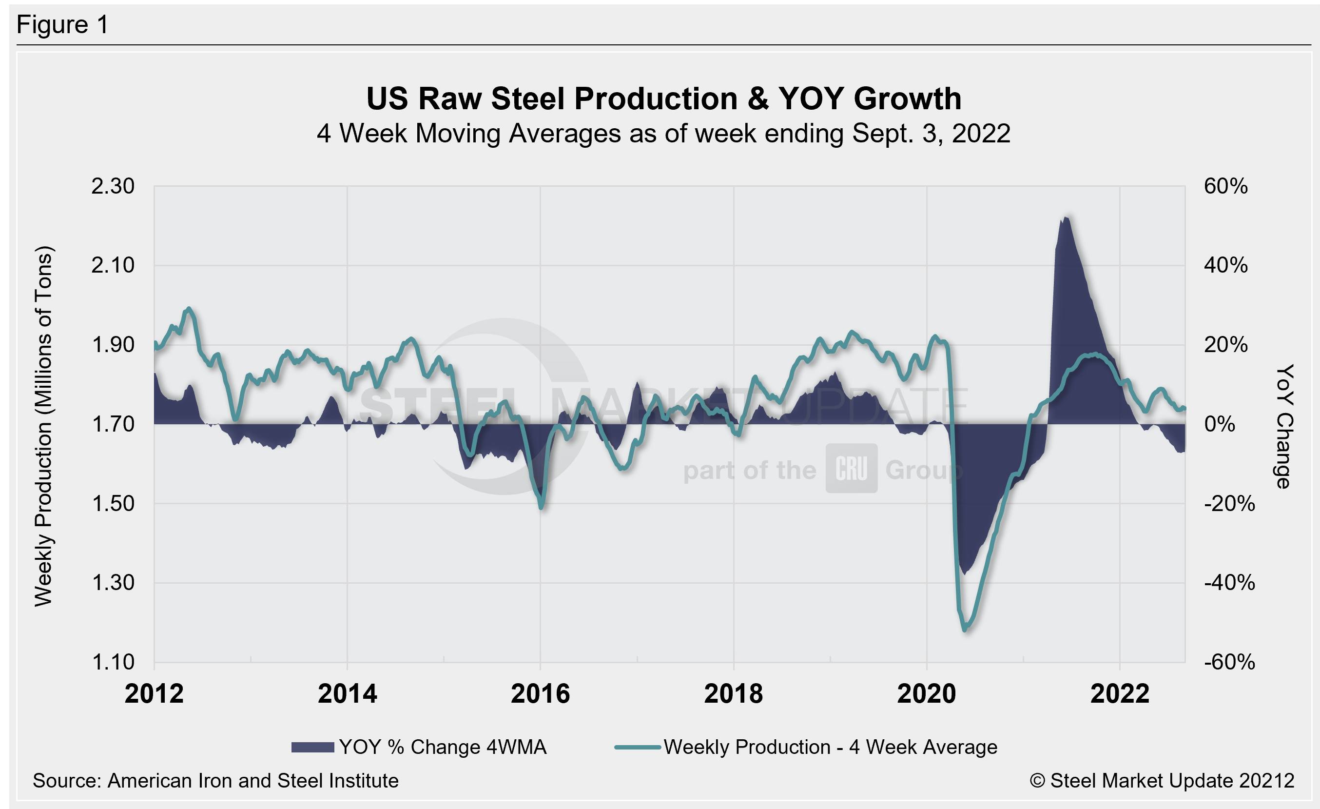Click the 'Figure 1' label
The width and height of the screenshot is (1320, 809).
(63, 25)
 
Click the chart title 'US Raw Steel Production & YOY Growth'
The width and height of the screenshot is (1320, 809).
(664, 99)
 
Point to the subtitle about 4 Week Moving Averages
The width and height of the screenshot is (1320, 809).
(663, 134)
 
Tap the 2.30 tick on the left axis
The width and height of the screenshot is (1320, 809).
(113, 186)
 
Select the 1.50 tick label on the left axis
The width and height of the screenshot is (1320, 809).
(113, 504)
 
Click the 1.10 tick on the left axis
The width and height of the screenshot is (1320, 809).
(113, 662)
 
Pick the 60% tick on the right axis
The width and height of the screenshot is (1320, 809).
(1226, 186)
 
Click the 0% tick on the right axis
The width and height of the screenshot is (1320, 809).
(1219, 424)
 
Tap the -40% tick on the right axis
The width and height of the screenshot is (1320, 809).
(1229, 583)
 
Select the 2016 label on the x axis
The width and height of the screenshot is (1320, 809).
(540, 694)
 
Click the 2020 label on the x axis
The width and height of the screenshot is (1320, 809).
(926, 694)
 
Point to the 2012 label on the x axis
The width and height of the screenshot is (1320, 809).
(155, 694)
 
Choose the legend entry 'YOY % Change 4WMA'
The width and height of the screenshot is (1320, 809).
(419, 748)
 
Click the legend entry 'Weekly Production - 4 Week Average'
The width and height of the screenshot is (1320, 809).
(806, 748)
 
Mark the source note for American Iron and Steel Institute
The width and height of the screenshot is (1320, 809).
(215, 781)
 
